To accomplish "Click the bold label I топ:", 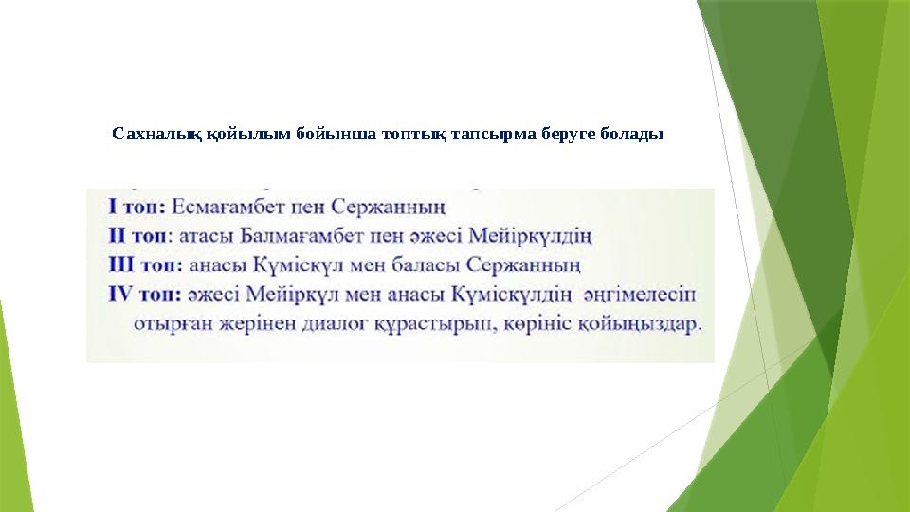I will coord(139,205).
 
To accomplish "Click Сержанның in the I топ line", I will coord(395,205).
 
